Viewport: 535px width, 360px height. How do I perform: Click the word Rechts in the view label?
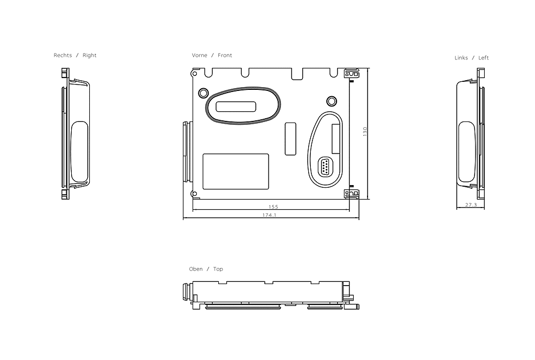click(x=63, y=55)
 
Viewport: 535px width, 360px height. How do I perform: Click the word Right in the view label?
click(x=89, y=55)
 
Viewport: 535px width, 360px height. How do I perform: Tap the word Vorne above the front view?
click(x=200, y=55)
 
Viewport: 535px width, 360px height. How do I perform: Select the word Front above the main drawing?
click(x=225, y=55)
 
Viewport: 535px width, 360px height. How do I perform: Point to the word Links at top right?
click(x=461, y=58)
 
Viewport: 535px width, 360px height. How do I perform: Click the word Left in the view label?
click(x=484, y=58)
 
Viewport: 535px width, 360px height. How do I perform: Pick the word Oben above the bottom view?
click(x=196, y=269)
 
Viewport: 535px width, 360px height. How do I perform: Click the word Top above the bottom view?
click(x=218, y=269)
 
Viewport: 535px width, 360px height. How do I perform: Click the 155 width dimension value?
click(x=273, y=207)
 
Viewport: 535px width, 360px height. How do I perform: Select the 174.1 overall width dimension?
click(x=270, y=215)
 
